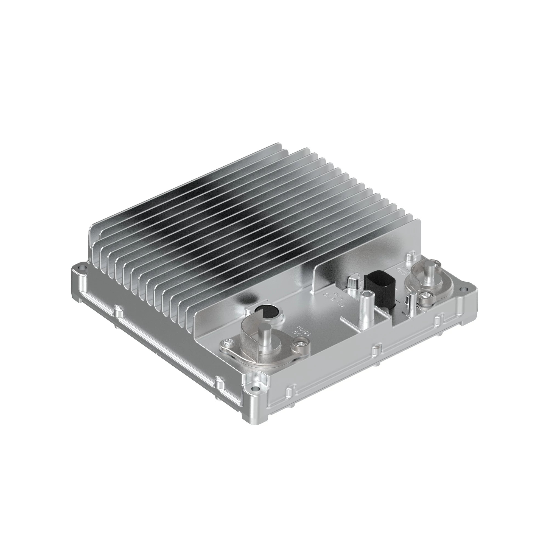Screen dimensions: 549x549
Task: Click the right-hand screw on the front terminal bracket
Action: (x=298, y=344)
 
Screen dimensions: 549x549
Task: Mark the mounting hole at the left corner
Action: (x=83, y=267)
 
